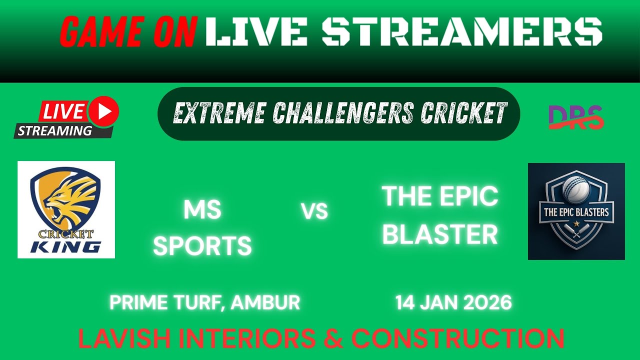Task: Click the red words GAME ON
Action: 128,32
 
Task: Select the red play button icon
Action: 104,111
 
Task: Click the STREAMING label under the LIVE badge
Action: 55,131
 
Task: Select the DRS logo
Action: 575,117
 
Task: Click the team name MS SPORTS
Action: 202,228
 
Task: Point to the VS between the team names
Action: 315,212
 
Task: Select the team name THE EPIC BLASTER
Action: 440,215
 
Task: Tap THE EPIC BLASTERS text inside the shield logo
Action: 576,212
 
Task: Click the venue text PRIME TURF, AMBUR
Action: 204,302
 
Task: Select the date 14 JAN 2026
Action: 453,302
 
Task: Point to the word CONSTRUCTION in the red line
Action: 457,338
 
